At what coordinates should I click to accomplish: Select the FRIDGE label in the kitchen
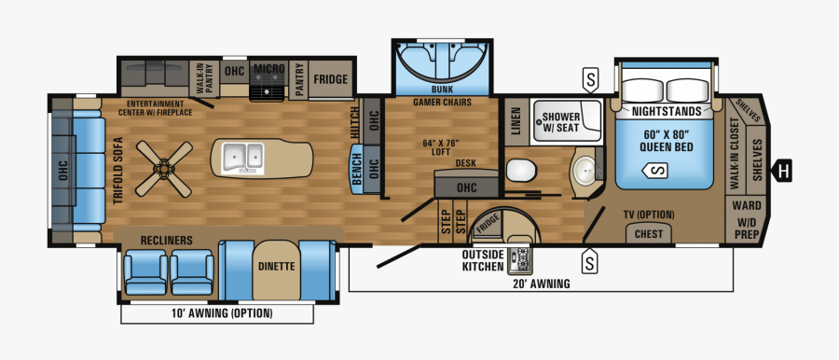(x=330, y=80)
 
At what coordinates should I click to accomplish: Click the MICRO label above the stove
(x=269, y=70)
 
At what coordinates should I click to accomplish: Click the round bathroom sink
(x=585, y=171)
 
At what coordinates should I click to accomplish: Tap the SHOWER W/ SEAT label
(x=561, y=122)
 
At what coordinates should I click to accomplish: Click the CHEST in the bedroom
(x=649, y=234)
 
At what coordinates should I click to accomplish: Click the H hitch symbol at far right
(x=785, y=171)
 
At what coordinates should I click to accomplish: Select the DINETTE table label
(x=276, y=266)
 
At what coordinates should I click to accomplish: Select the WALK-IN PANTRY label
(x=199, y=76)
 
